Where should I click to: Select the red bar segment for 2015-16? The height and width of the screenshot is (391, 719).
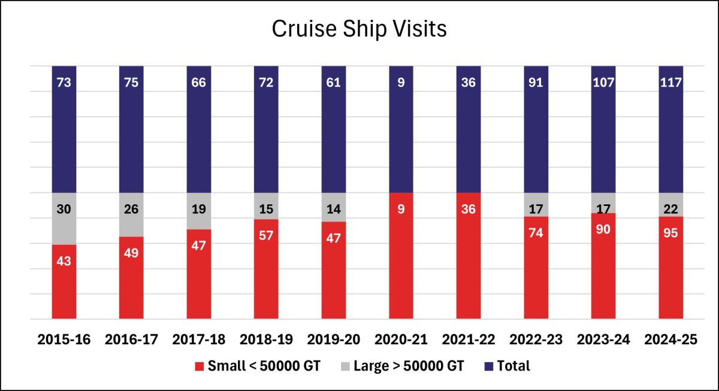click(64, 281)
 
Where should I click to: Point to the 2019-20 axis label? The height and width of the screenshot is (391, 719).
click(334, 340)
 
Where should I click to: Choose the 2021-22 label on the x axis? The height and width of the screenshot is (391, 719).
click(469, 340)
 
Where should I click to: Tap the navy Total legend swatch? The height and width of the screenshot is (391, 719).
click(488, 366)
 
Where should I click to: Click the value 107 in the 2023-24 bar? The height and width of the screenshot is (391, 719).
click(603, 83)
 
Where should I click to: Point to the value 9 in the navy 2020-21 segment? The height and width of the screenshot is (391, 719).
click(401, 83)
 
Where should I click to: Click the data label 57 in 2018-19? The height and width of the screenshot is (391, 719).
click(266, 235)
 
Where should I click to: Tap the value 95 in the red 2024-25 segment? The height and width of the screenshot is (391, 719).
click(670, 232)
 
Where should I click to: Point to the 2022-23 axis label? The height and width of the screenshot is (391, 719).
click(536, 340)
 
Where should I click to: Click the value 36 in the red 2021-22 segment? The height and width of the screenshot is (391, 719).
click(469, 210)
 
